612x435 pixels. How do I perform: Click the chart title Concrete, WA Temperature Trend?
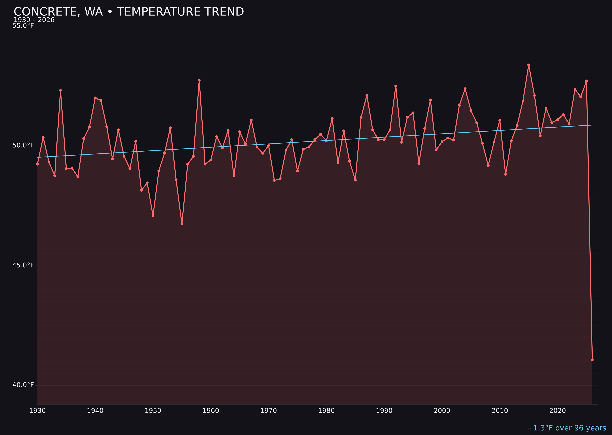[129, 12]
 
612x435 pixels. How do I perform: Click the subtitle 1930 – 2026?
[34, 20]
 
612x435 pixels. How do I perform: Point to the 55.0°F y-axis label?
[23, 26]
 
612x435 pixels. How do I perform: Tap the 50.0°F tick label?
[23, 145]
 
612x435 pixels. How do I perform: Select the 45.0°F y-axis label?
[23, 265]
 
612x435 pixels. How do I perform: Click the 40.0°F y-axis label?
[23, 385]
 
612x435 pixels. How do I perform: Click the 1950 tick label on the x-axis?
[153, 411]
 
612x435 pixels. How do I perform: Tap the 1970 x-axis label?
[269, 411]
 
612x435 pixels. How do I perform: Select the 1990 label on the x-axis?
[384, 411]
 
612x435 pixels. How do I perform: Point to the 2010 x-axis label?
[500, 411]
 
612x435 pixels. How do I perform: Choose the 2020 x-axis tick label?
[557, 411]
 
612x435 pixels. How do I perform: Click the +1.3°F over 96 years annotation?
[566, 428]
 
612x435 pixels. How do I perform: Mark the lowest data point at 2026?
[592, 360]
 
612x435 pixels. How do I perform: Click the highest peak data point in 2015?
[529, 65]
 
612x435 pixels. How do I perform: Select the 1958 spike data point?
[199, 80]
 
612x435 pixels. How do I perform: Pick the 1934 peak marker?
[61, 90]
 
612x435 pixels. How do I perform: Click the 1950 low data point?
[153, 216]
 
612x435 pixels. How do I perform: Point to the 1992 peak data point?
[396, 86]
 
